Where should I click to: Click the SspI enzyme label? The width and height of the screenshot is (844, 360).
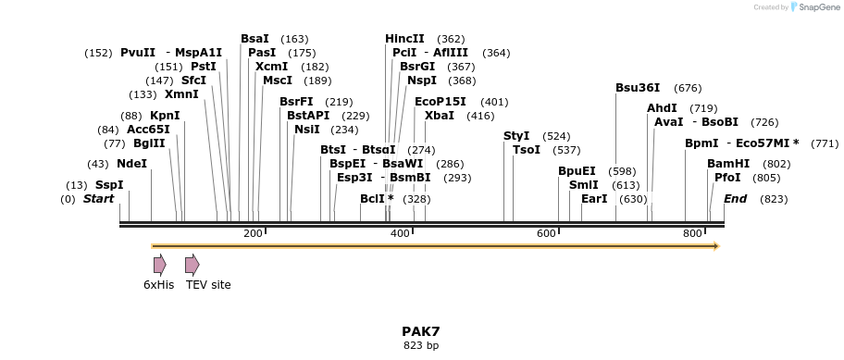(108, 185)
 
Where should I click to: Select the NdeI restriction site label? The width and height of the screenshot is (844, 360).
(131, 164)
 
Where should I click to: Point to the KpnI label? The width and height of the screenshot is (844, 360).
(165, 116)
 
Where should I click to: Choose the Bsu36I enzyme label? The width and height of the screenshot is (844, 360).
(638, 88)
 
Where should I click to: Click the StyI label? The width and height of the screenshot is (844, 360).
(516, 136)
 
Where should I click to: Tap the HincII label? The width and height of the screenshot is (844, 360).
(404, 39)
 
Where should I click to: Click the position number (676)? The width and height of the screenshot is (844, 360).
(688, 88)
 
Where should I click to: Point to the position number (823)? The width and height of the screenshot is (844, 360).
(774, 199)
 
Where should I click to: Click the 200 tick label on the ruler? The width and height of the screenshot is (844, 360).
(253, 233)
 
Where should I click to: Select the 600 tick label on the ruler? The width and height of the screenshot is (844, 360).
(546, 233)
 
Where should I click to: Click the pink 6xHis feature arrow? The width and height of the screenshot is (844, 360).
(159, 265)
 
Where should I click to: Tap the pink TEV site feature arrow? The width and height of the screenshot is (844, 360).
(192, 265)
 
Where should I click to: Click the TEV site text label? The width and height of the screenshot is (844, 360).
(208, 285)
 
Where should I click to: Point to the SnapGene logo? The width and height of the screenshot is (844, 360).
(813, 7)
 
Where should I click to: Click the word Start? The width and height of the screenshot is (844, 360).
(98, 199)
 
